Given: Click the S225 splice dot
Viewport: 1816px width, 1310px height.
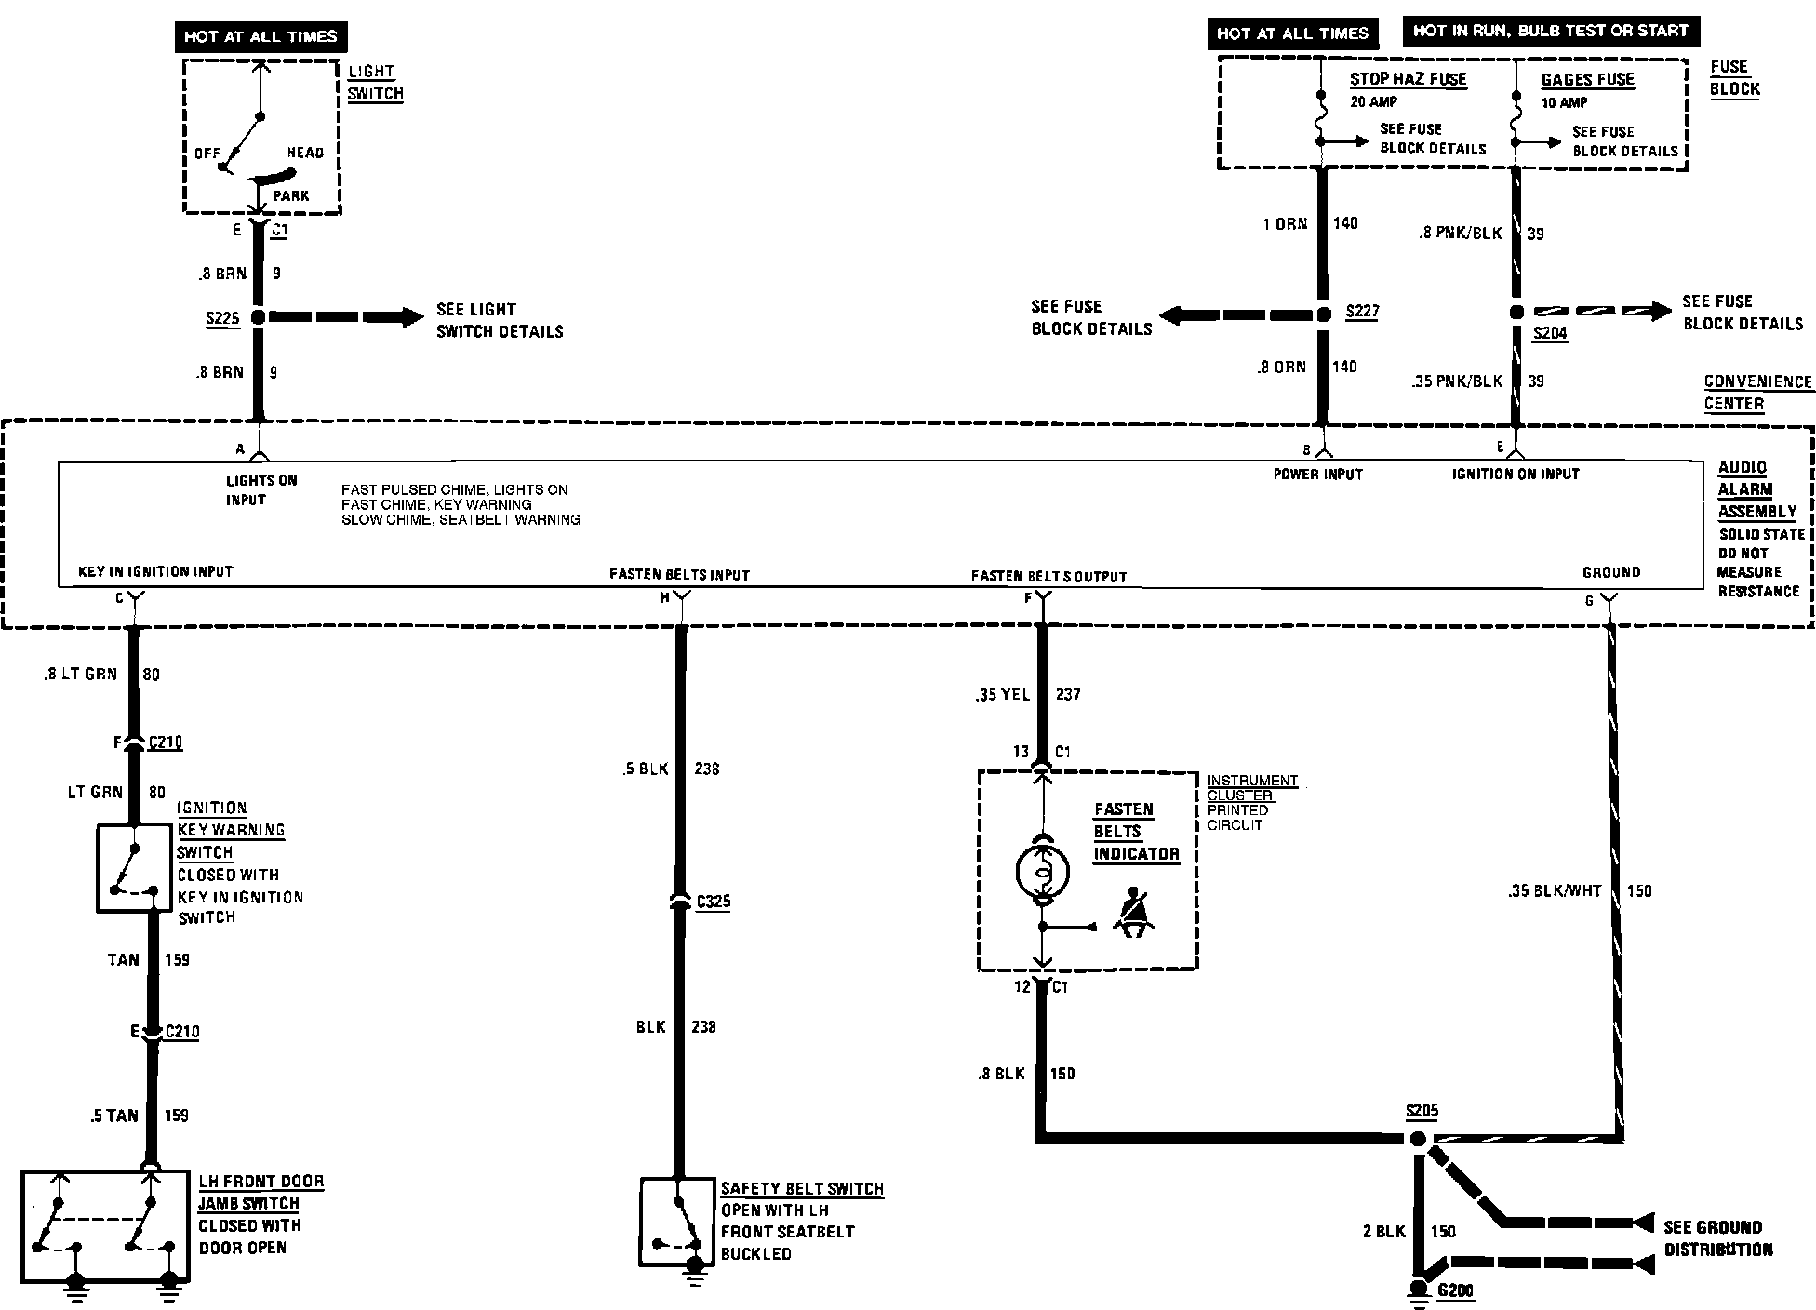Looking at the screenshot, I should pos(259,317).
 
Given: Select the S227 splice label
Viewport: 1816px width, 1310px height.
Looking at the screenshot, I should pos(1362,312).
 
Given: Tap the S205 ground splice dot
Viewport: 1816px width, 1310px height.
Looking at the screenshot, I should pos(1417,1140).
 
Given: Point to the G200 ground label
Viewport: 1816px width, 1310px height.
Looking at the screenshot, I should pos(1456,1290).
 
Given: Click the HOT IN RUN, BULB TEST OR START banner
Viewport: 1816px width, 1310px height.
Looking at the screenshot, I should pos(1550,31).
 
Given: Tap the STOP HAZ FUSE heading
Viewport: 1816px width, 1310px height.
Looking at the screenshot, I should pos(1408,79).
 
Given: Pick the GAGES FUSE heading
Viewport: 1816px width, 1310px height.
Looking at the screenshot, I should pos(1587,79).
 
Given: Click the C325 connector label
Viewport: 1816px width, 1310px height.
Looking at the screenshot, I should pos(713,901).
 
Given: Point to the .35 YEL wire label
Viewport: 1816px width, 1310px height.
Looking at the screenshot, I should pos(1002,694).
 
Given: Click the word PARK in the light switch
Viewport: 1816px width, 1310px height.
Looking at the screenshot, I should pos(291,196).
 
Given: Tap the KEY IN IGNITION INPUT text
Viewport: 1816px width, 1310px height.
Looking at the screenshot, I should pos(155,571).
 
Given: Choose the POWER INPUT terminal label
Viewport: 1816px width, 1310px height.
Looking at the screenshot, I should pos(1317,475).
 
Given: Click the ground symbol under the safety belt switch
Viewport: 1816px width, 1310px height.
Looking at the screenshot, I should pos(694,1272).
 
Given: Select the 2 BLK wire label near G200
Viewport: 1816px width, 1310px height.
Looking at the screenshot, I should pos(1383,1232).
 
